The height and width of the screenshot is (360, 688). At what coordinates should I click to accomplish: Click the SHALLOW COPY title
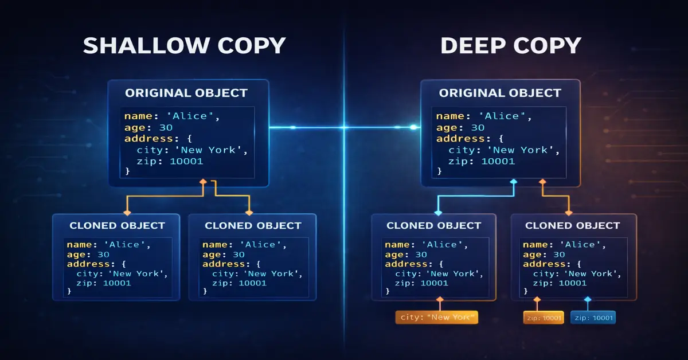point(184,45)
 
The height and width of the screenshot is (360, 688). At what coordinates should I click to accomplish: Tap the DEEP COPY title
point(511,45)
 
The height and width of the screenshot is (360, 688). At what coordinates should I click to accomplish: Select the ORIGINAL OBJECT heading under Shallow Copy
point(186,93)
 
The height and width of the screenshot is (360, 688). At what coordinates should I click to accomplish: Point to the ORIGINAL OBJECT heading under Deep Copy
point(500,93)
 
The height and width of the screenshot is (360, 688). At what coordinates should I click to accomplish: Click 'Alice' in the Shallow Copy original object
point(194,116)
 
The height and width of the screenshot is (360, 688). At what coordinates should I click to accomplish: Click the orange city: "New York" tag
point(436,318)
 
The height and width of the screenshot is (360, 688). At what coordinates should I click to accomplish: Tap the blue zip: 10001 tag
point(593,318)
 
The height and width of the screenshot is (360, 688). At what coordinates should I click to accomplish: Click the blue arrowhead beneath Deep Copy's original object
point(514,182)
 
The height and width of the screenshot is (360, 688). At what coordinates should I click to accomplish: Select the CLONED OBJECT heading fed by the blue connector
point(433,225)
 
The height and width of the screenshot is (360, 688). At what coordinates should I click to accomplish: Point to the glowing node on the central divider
point(345,127)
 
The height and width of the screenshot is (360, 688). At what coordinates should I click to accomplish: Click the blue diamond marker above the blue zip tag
point(587,299)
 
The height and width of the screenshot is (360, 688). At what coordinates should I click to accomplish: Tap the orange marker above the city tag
point(440,299)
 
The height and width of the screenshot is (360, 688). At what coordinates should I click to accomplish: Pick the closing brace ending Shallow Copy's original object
point(127,171)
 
